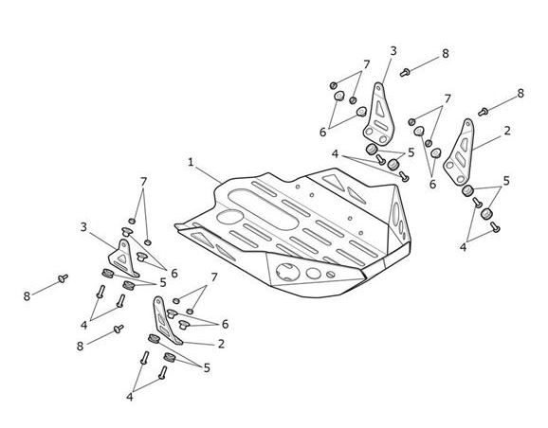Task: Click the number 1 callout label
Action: click(x=191, y=162)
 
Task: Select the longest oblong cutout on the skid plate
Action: click(x=263, y=208)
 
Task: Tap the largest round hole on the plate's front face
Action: click(x=287, y=272)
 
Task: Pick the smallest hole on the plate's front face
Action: click(x=330, y=275)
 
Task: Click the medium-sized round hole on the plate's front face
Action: click(x=314, y=274)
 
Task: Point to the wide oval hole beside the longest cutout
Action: click(x=230, y=217)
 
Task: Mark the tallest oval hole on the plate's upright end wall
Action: click(x=395, y=214)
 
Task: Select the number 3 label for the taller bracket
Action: click(x=393, y=51)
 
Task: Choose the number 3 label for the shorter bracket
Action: click(x=83, y=227)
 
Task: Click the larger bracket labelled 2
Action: click(x=459, y=152)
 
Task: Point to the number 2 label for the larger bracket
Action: click(x=507, y=131)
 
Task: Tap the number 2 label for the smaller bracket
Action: click(x=221, y=344)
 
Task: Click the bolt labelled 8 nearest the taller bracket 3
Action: click(x=405, y=73)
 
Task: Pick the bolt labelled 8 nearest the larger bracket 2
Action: click(x=483, y=112)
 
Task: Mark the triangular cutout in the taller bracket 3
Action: click(x=380, y=108)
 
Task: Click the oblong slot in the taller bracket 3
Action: click(x=380, y=125)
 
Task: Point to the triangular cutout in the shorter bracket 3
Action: click(x=121, y=259)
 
